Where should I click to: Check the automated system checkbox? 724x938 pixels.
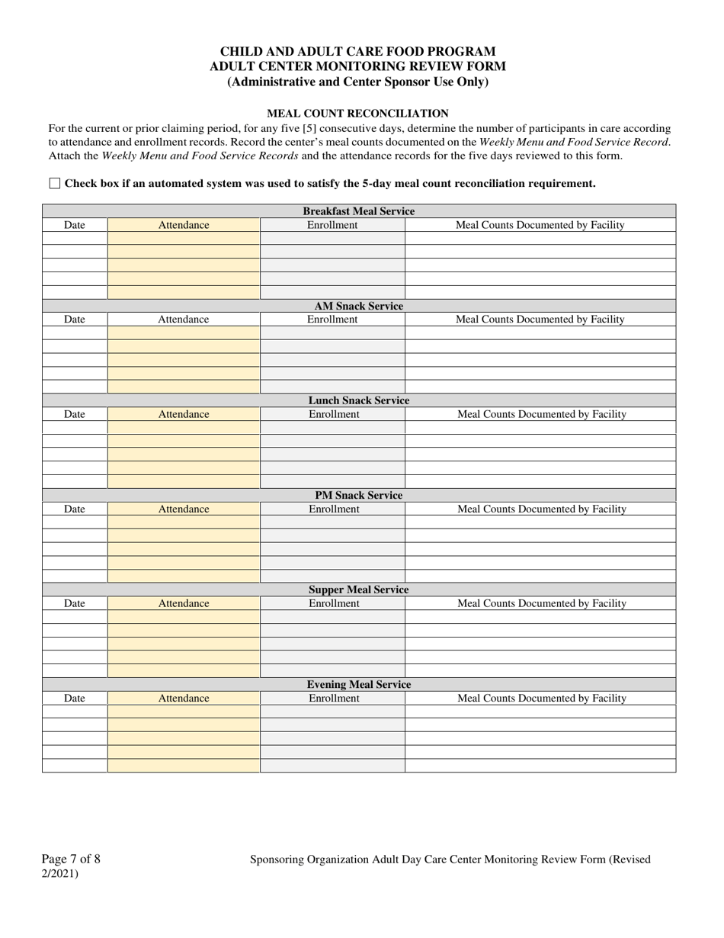click(55, 183)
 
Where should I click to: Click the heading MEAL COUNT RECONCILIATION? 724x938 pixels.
click(357, 113)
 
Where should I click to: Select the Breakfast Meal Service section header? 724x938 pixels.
click(358, 211)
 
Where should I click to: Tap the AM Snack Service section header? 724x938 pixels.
click(358, 306)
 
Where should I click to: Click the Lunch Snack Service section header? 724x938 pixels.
click(358, 400)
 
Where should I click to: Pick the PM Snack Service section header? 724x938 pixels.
click(358, 495)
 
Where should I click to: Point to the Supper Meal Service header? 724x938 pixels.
click(358, 589)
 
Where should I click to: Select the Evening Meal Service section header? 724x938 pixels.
click(358, 684)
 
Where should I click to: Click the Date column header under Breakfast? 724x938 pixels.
click(75, 225)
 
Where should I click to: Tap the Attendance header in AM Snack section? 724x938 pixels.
click(183, 320)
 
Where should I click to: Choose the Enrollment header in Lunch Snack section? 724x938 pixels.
click(333, 414)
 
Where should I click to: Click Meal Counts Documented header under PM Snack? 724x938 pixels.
click(541, 509)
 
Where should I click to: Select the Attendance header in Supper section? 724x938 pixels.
click(183, 603)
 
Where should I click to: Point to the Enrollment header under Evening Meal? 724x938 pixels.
click(333, 698)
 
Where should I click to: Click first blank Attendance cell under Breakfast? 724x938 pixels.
click(183, 238)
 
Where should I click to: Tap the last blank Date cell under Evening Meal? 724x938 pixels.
click(75, 766)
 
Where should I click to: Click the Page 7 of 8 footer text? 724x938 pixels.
click(71, 859)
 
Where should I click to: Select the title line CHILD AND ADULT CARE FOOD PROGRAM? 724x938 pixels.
click(357, 51)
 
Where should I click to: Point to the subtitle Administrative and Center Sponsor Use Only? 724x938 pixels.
click(357, 82)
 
